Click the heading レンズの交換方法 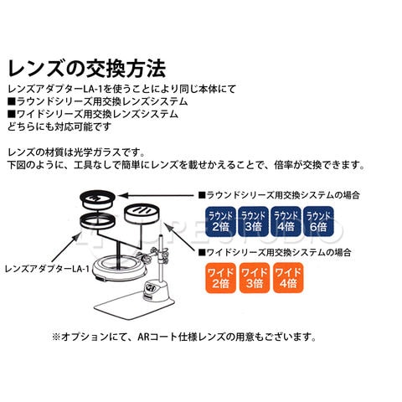click(87, 68)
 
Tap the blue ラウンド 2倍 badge click(220, 221)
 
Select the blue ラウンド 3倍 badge click(253, 221)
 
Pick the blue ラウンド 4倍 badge click(286, 221)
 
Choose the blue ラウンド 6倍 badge click(318, 221)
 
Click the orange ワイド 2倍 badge click(220, 278)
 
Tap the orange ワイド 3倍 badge click(255, 278)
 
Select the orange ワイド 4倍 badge click(288, 278)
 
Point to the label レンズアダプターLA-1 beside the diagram click(47, 269)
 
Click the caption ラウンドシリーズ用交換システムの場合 click(279, 195)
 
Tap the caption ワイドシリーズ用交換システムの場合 click(275, 253)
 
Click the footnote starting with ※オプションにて click(184, 337)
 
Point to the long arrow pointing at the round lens click(155, 196)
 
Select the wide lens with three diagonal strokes click(142, 214)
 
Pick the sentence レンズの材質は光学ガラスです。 click(76, 152)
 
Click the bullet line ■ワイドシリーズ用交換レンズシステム click(93, 114)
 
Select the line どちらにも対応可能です click(59, 126)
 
